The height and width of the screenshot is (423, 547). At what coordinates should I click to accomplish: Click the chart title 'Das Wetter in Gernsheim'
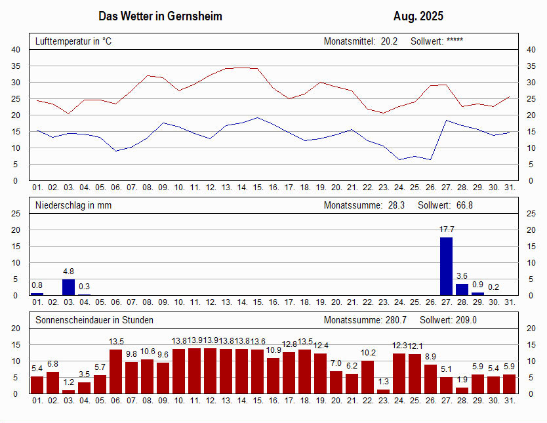pyautogui.click(x=160, y=16)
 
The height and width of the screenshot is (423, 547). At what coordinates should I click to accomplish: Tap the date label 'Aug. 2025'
pyautogui.click(x=418, y=16)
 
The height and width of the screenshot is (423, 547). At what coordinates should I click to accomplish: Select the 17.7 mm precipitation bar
pyautogui.click(x=446, y=266)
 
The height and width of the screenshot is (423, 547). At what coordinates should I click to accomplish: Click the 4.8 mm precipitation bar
pyautogui.click(x=68, y=287)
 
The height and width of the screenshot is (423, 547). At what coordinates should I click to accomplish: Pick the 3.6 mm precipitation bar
pyautogui.click(x=462, y=289)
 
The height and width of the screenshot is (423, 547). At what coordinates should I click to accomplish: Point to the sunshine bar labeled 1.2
pyautogui.click(x=68, y=392)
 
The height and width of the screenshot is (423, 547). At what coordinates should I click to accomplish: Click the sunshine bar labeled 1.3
pyautogui.click(x=383, y=392)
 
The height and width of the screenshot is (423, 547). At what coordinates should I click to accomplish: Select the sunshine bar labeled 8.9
pyautogui.click(x=430, y=379)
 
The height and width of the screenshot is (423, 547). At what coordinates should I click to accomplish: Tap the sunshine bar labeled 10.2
pyautogui.click(x=367, y=377)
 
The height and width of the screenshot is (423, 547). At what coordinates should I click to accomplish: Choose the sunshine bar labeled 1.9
pyautogui.click(x=462, y=391)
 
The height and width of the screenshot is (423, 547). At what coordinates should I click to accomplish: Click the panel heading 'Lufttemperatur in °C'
pyautogui.click(x=73, y=41)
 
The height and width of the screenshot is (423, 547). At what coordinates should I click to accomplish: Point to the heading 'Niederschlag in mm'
pyautogui.click(x=73, y=205)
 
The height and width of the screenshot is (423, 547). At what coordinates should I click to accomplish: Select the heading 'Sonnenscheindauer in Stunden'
pyautogui.click(x=94, y=320)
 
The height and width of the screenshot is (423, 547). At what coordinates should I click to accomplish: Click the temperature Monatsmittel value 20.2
pyautogui.click(x=389, y=41)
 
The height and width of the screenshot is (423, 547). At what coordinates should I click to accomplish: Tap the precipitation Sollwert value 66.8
pyautogui.click(x=464, y=205)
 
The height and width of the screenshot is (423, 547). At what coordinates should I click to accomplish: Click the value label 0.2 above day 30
pyautogui.click(x=493, y=287)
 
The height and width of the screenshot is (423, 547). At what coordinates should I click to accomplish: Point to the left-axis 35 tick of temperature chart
pyautogui.click(x=16, y=66)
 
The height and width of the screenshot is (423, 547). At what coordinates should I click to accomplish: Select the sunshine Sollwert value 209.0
pyautogui.click(x=466, y=320)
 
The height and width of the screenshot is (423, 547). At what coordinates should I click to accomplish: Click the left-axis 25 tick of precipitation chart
pyautogui.click(x=16, y=213)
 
